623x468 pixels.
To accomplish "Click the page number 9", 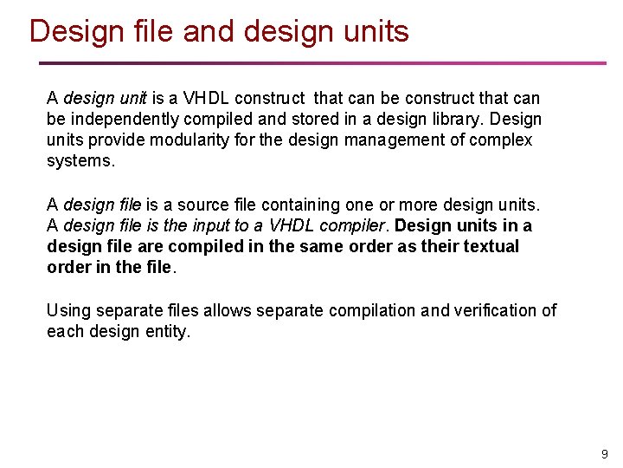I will (x=605, y=454).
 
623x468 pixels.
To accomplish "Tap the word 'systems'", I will (x=79, y=160).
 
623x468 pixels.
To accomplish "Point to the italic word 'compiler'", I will (x=356, y=225).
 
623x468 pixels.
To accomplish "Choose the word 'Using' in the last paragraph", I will (x=67, y=310).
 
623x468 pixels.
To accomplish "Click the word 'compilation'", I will (x=329, y=310).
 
